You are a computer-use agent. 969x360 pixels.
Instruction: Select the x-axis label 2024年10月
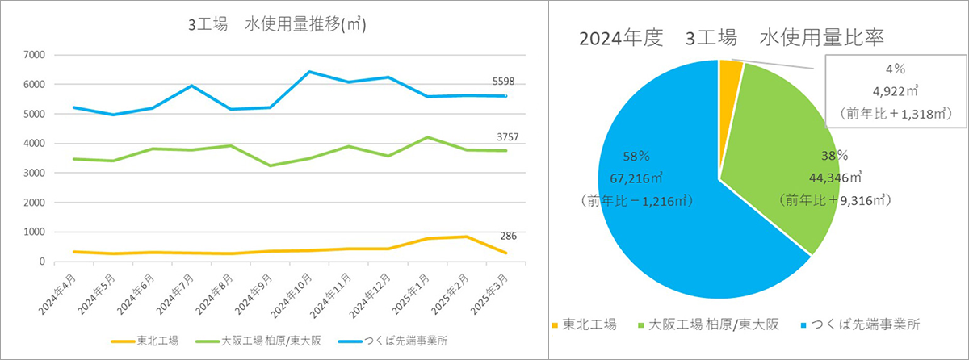(x=296, y=295)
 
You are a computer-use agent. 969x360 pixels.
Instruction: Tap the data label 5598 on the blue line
(x=503, y=82)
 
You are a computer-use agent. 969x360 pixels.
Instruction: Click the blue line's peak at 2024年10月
(x=309, y=72)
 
